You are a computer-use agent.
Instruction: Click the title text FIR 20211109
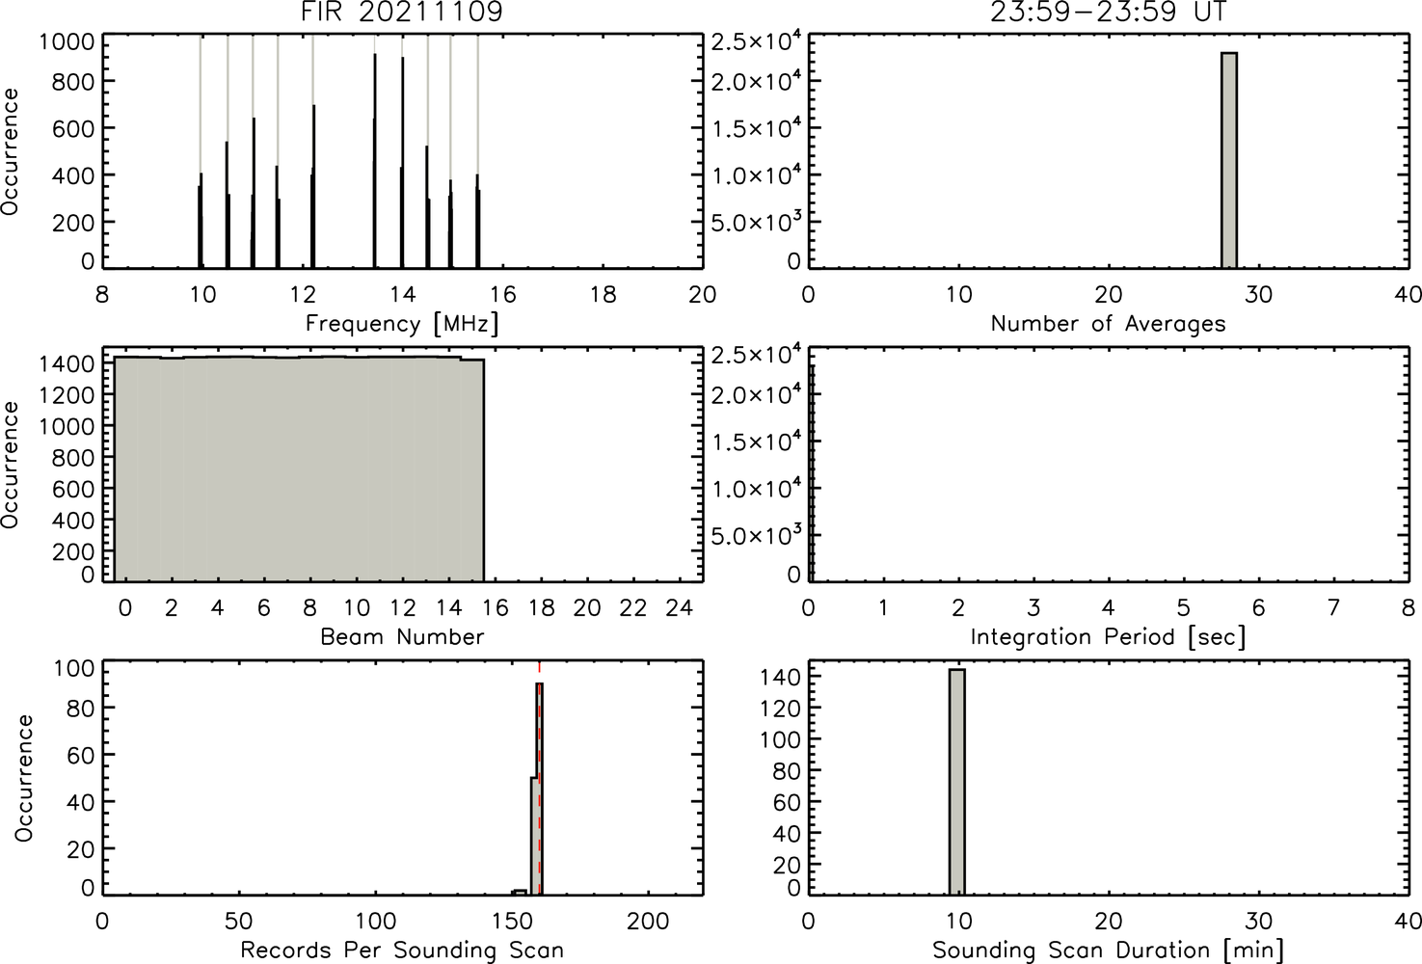point(402,12)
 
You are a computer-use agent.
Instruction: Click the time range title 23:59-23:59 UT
point(1109,12)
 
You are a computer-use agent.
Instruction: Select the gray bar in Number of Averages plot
point(1229,160)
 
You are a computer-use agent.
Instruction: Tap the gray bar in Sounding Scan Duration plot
point(957,781)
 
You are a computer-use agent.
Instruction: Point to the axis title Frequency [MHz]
point(402,324)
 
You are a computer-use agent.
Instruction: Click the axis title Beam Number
point(402,636)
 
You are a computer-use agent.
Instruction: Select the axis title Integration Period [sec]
point(1109,636)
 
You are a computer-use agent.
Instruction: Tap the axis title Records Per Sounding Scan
point(402,951)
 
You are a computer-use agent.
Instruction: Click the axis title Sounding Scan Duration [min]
point(1109,951)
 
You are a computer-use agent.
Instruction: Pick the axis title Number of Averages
point(1109,324)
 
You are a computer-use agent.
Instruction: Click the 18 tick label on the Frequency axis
point(603,294)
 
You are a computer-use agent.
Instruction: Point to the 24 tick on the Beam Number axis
point(680,608)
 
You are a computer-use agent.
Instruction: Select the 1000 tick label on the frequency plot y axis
point(67,41)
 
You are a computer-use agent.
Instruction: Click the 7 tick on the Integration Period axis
point(1333,608)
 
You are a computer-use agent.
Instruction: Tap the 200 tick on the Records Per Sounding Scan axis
point(648,921)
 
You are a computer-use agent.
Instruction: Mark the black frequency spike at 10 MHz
point(201,220)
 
